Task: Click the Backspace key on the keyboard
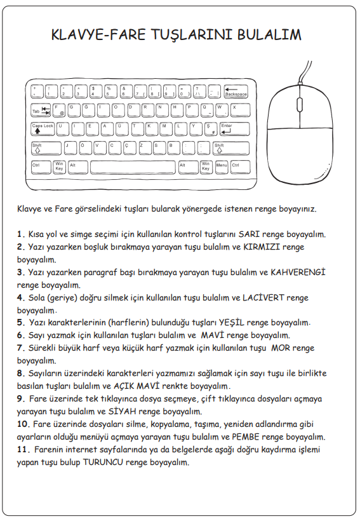point(236,91)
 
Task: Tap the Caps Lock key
point(43,129)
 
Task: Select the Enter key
point(234,129)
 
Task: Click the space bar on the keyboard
point(133,168)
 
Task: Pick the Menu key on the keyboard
point(222,168)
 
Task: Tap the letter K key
point(151,129)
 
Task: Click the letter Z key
point(143,148)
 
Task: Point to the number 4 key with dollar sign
point(96,91)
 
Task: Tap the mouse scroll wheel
point(300,104)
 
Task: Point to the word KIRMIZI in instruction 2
point(262,247)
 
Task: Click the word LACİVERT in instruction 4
point(263,297)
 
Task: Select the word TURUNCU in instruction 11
point(103,462)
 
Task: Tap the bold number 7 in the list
point(21,348)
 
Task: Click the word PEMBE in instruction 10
point(246,437)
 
